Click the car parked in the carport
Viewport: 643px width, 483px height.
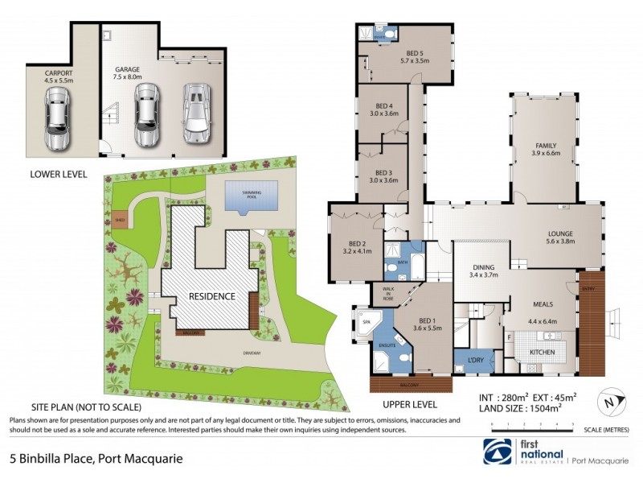click(58, 120)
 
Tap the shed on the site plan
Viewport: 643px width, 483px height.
click(120, 216)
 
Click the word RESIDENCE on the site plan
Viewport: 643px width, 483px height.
click(212, 296)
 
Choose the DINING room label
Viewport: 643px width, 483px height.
click(484, 267)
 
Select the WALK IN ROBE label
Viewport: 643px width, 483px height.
click(388, 291)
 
